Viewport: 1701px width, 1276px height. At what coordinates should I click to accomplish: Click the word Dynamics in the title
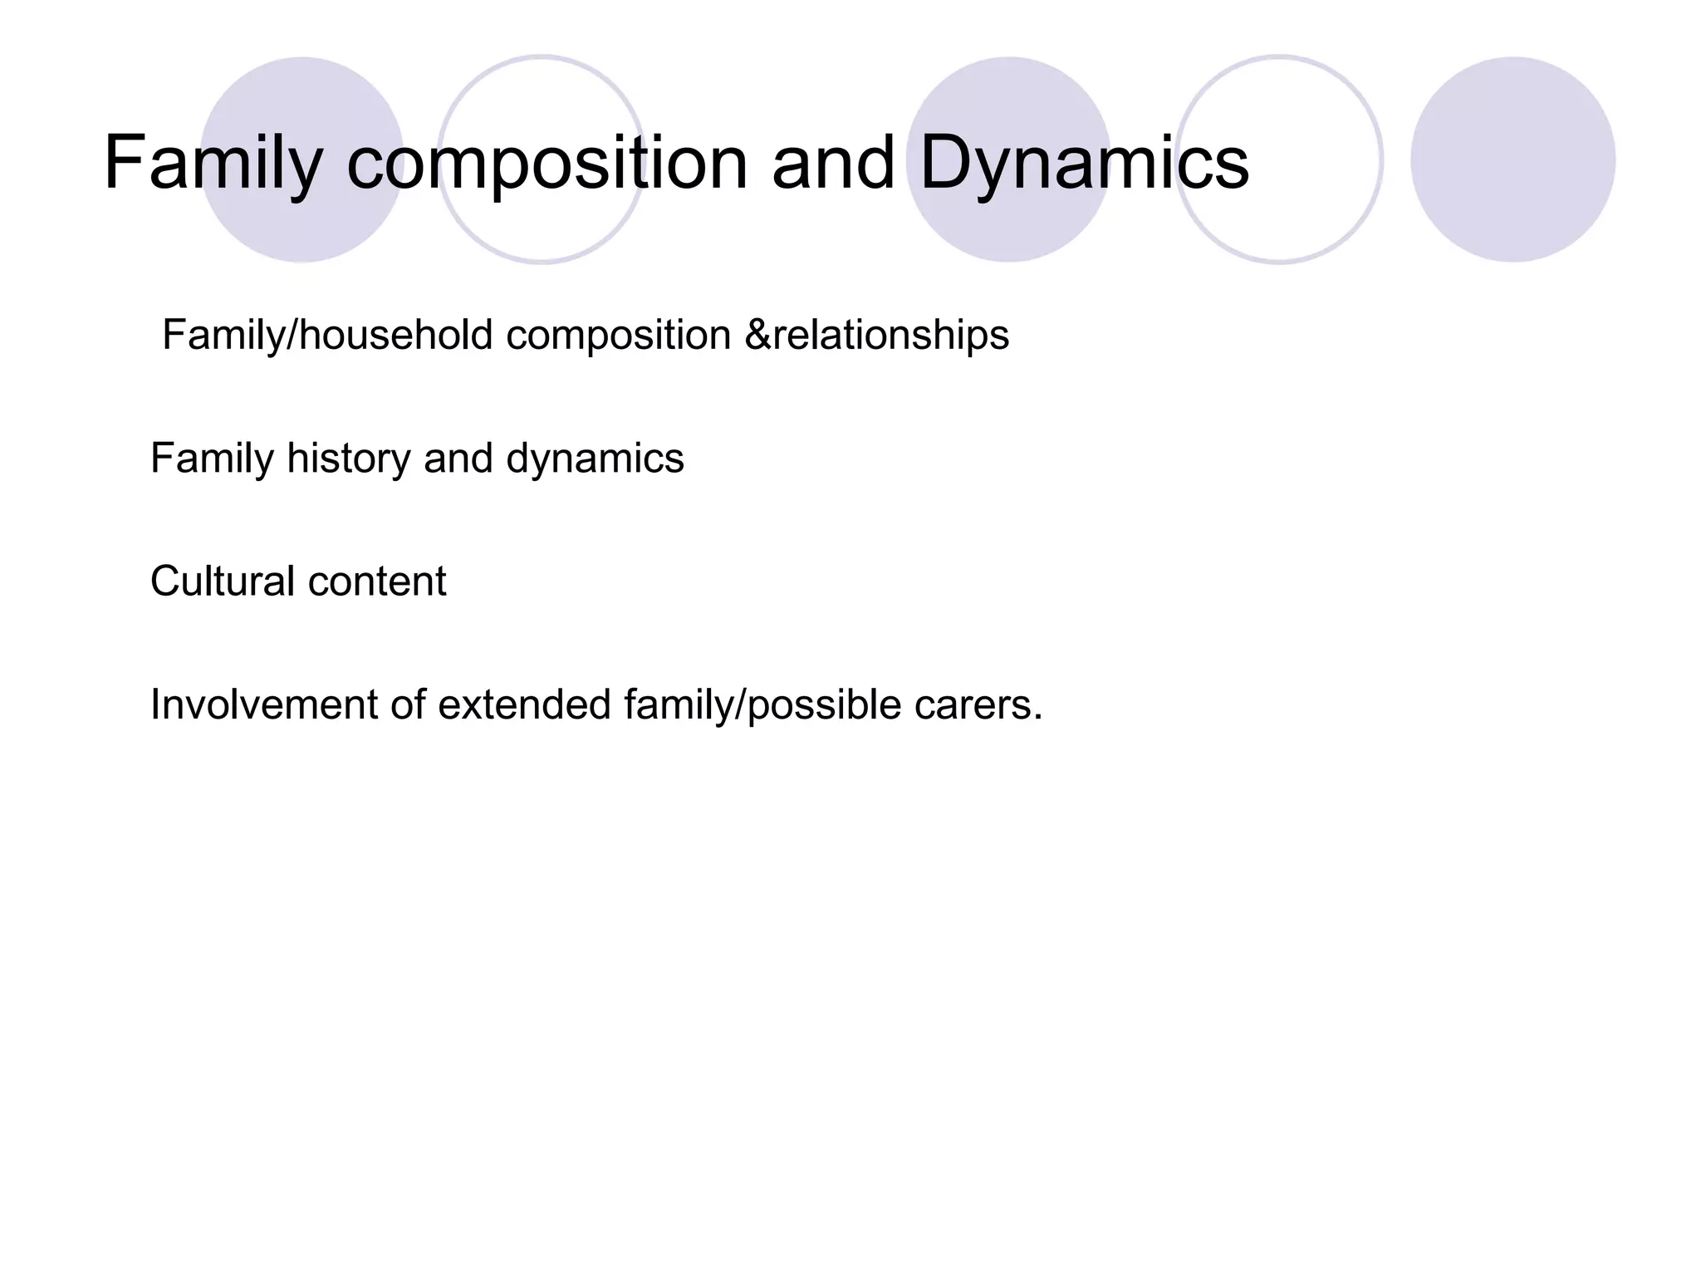(1084, 164)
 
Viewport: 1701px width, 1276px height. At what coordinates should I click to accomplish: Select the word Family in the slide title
(213, 164)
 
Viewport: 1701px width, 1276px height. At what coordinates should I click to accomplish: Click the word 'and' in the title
(833, 164)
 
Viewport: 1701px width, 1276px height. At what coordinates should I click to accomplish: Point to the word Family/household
(327, 336)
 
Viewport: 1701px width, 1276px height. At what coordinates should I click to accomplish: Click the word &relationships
(877, 336)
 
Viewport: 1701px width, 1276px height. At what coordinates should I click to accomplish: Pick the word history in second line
(348, 459)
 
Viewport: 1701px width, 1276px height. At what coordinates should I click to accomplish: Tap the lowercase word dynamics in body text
(595, 459)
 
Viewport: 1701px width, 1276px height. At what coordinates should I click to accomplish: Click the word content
(377, 582)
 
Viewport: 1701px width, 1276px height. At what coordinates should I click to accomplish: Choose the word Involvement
(263, 704)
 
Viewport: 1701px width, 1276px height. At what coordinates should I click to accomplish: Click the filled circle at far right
(1512, 159)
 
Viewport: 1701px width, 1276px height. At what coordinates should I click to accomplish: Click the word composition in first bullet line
(618, 336)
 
